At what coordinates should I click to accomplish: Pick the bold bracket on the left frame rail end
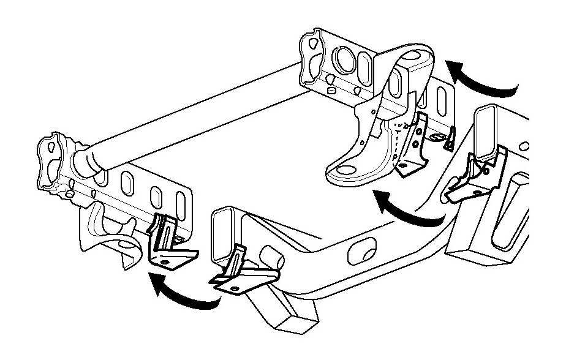point(236,273)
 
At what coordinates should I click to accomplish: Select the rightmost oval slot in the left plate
point(181,205)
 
